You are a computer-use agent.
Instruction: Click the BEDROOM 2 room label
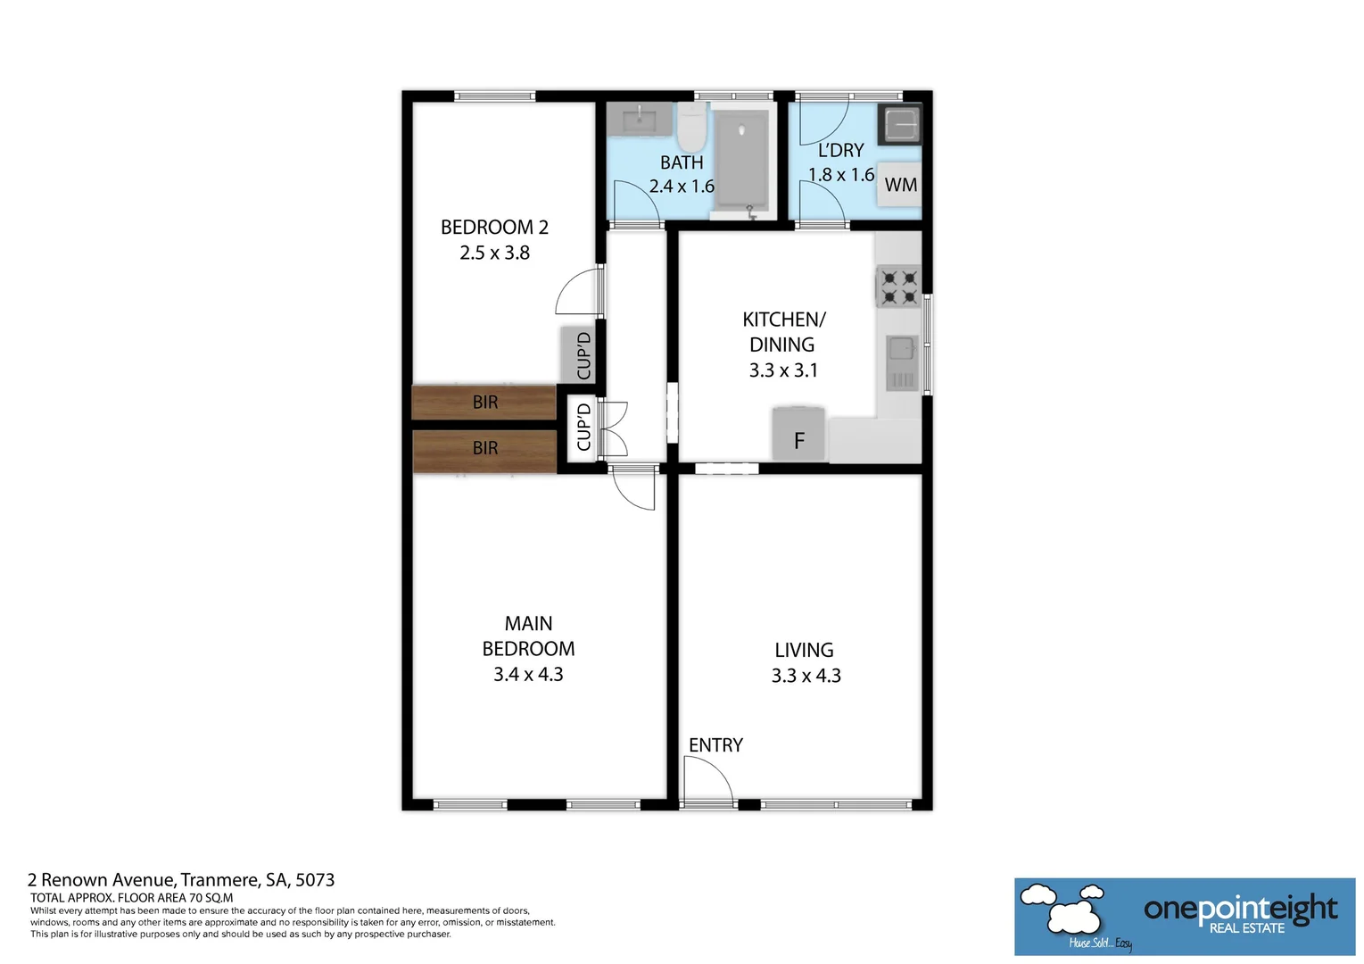[494, 228]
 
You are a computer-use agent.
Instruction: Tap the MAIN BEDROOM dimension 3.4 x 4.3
[528, 675]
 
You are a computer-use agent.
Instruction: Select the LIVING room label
[804, 651]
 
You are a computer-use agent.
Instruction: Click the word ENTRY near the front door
[715, 745]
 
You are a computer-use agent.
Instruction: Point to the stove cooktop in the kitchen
[898, 287]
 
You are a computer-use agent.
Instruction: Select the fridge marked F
[798, 435]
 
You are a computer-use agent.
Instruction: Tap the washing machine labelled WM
[899, 185]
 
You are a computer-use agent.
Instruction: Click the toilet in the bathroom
[690, 127]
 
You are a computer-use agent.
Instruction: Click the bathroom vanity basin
[640, 120]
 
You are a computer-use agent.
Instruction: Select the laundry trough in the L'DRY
[900, 124]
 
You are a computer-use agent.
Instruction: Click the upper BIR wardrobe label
[484, 403]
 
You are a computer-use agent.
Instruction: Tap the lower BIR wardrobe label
[484, 448]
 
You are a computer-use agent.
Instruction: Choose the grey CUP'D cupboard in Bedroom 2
[578, 355]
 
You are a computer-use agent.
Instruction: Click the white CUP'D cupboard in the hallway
[583, 427]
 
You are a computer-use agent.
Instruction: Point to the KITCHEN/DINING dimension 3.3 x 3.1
[782, 370]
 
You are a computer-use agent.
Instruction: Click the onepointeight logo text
[1240, 909]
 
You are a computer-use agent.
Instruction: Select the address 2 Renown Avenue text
[180, 880]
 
